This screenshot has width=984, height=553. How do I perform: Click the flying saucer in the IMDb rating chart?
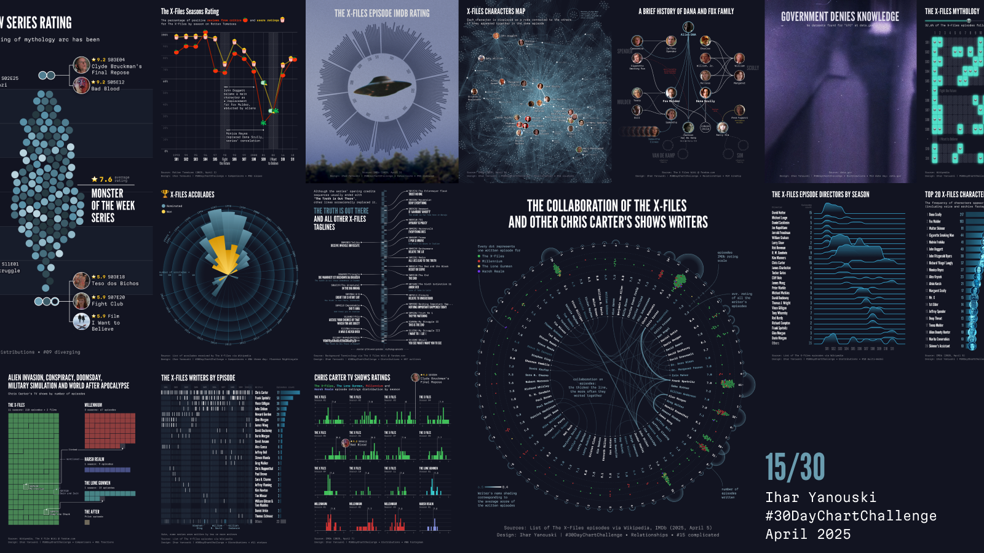(x=382, y=87)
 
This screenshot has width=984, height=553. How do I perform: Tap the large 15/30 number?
(x=795, y=468)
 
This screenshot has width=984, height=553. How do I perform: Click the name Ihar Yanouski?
(x=820, y=497)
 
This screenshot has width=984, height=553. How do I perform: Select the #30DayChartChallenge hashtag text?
(x=851, y=516)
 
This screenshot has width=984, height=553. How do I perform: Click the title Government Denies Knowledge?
(x=839, y=17)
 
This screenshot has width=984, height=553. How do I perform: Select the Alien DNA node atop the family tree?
(x=688, y=27)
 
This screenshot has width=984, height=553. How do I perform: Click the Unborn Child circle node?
(x=705, y=128)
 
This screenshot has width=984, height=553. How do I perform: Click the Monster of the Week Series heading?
(x=113, y=205)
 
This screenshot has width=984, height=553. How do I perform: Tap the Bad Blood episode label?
(x=105, y=88)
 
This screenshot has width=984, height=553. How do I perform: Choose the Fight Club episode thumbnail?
(x=81, y=300)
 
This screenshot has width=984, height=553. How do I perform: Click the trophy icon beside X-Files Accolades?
(x=165, y=194)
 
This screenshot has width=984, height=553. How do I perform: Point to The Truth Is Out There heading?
(x=341, y=211)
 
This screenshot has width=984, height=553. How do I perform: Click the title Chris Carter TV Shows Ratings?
(x=352, y=378)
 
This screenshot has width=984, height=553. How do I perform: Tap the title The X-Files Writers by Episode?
(x=197, y=378)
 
